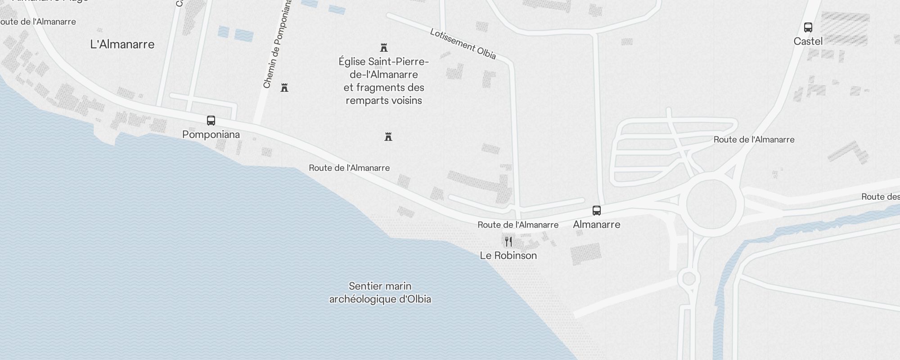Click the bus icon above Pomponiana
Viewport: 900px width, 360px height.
point(211,121)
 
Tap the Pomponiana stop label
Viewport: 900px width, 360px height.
point(211,135)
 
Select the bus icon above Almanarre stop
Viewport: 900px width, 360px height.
point(597,211)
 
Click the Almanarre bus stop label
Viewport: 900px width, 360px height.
point(597,224)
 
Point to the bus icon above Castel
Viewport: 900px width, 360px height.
point(808,27)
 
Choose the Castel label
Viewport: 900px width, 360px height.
point(808,41)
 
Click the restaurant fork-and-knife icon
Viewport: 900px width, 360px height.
point(508,242)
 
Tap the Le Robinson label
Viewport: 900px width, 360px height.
point(508,256)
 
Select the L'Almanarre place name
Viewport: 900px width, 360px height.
point(122,44)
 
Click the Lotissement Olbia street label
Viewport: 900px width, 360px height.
point(463,44)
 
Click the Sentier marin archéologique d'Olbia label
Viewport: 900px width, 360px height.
point(380,292)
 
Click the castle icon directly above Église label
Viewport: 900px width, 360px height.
point(384,48)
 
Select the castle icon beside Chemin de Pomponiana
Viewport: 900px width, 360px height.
point(284,88)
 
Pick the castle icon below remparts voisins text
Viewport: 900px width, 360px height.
point(388,137)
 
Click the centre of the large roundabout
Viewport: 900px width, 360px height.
point(711,205)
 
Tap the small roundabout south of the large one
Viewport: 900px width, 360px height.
point(689,279)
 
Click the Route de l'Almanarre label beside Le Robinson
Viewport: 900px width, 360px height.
point(518,225)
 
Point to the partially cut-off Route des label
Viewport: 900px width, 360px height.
point(880,197)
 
